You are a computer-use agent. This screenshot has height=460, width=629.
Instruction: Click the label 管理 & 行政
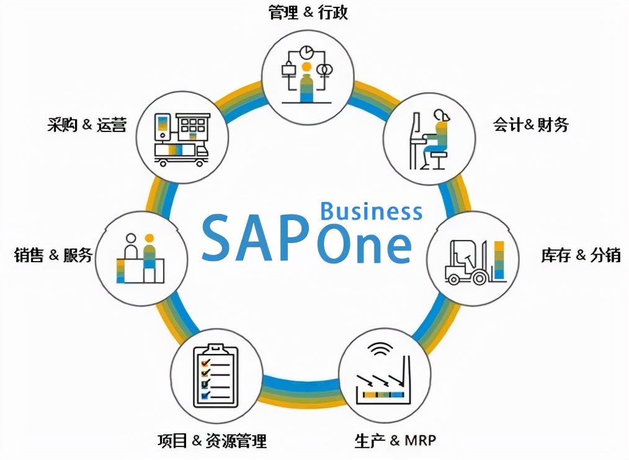coord(308,12)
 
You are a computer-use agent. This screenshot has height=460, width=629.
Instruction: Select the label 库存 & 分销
coord(581,255)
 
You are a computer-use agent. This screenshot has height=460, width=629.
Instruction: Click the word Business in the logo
coord(371,211)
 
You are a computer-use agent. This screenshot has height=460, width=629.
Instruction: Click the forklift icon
coord(466,262)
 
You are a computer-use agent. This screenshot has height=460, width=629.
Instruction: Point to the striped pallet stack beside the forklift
coord(499,260)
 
